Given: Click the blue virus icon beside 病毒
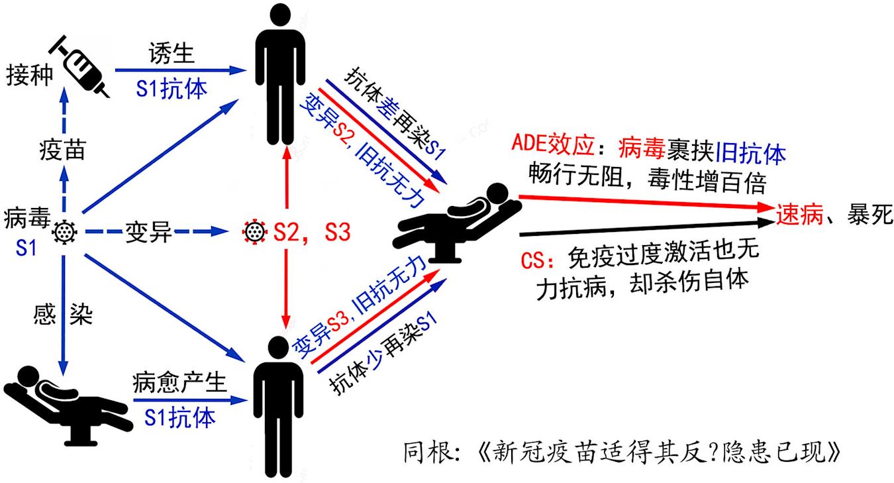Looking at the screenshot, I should pyautogui.click(x=65, y=232).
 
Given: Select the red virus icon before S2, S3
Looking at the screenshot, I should pyautogui.click(x=253, y=232).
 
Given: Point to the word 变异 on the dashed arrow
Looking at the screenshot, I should pyautogui.click(x=148, y=233).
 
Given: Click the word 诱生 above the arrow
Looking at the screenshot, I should pyautogui.click(x=172, y=54).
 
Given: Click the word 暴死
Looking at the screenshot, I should pyautogui.click(x=868, y=213).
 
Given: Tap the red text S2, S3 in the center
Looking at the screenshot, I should pyautogui.click(x=311, y=233).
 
